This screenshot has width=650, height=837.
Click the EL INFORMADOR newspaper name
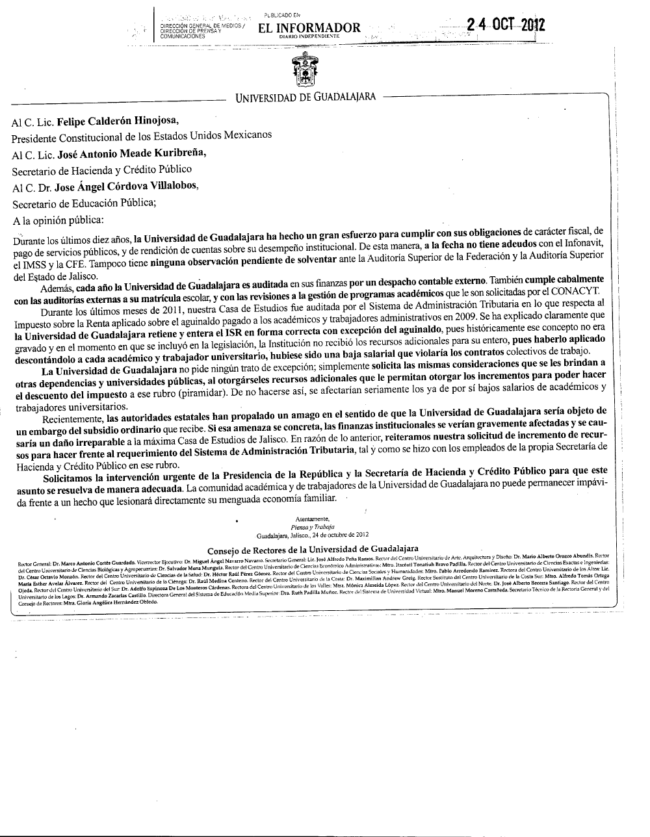(x=309, y=27)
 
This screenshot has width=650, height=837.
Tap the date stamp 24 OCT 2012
(x=505, y=25)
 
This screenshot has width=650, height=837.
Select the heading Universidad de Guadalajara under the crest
(x=305, y=97)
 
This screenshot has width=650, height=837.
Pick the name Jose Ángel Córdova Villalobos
(x=128, y=185)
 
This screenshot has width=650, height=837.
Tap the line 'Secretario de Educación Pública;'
(x=84, y=202)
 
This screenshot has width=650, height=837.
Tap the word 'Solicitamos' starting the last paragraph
(x=70, y=469)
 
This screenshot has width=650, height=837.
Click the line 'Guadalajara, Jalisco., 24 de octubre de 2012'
(x=313, y=535)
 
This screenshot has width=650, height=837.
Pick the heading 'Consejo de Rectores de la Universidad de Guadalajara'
(x=313, y=549)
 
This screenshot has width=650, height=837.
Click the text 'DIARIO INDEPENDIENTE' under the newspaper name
(x=309, y=37)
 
